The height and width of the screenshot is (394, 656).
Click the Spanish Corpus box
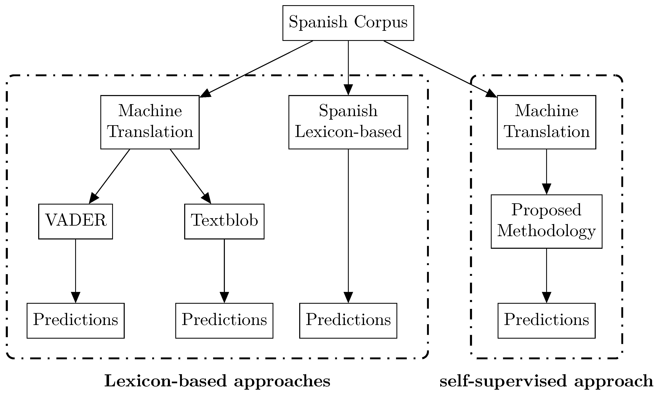348,23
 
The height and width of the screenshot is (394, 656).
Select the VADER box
75,221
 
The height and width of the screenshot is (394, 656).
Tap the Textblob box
224,221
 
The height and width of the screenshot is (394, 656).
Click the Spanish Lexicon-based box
348,122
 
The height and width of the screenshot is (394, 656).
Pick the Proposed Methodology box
546,221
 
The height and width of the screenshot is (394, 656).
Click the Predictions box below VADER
75,320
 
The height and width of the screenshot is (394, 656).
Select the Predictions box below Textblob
224,320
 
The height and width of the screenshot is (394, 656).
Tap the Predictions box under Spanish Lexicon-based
348,320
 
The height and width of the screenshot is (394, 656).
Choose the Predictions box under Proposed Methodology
546,320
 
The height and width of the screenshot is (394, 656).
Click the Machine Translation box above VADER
150,122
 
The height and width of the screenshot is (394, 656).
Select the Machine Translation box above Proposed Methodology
546,122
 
